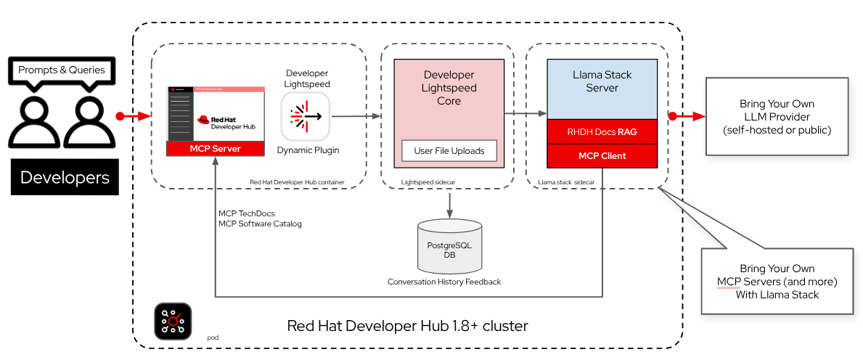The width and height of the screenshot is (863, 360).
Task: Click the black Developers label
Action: [65, 177]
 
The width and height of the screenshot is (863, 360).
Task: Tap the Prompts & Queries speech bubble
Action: [62, 70]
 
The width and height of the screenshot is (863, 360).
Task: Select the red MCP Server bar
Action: [215, 149]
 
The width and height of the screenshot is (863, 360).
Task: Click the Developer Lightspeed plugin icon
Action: [305, 115]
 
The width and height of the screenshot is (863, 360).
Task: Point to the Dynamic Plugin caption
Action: [307, 150]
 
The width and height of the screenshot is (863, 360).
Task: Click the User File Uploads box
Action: [449, 151]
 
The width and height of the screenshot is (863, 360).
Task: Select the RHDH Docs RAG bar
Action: [602, 132]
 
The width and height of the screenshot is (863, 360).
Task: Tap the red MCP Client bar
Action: [602, 155]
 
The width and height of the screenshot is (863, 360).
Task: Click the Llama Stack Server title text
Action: [602, 81]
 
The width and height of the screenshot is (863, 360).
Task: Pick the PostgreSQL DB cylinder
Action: [449, 246]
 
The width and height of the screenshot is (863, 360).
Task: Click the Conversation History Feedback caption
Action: [443, 282]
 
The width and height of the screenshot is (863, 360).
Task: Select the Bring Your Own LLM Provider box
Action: [776, 117]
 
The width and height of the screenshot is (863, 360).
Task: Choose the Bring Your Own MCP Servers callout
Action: [776, 281]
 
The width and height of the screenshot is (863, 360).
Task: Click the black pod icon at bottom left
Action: [173, 322]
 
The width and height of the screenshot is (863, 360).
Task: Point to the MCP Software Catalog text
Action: [260, 224]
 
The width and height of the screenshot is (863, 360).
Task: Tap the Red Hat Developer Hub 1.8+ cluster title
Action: [407, 326]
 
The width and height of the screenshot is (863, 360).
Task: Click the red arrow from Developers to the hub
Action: [135, 115]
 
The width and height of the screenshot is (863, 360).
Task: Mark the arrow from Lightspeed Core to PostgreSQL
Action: [449, 204]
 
